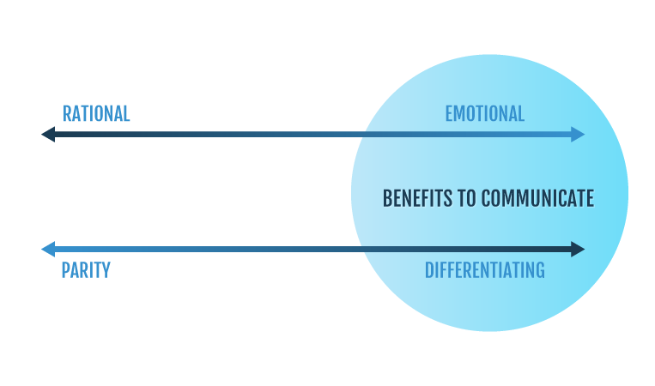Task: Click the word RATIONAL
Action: tap(96, 113)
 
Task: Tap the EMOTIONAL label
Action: tap(484, 113)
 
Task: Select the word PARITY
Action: tap(85, 270)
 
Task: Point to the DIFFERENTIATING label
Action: tap(484, 270)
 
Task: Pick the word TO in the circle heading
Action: tap(467, 198)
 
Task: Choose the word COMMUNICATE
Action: tap(537, 198)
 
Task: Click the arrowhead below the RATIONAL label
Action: tap(48, 134)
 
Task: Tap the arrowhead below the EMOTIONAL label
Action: tap(578, 134)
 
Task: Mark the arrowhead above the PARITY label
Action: tap(48, 249)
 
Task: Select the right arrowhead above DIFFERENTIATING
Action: tap(578, 249)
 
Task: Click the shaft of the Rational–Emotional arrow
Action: tap(258, 134)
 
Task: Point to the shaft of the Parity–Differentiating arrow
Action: tap(258, 249)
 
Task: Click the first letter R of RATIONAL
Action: tap(67, 113)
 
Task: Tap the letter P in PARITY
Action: tap(65, 270)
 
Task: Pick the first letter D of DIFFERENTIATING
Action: tap(429, 270)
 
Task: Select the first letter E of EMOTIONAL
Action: tap(449, 113)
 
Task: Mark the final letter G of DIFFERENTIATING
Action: tap(540, 270)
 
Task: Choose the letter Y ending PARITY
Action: tap(106, 270)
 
